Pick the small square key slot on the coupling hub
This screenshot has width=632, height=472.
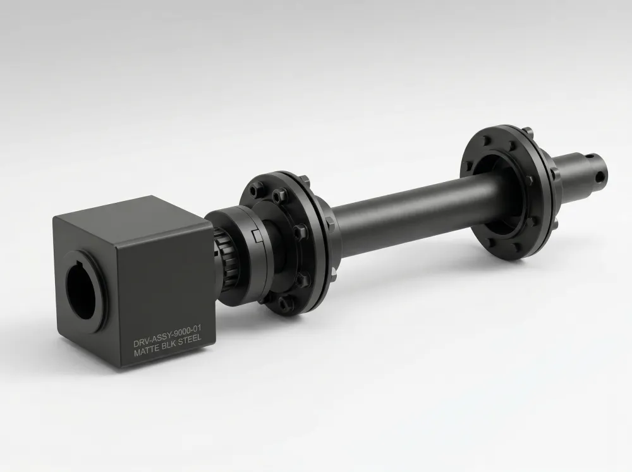255,234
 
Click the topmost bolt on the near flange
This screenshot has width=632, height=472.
256,187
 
